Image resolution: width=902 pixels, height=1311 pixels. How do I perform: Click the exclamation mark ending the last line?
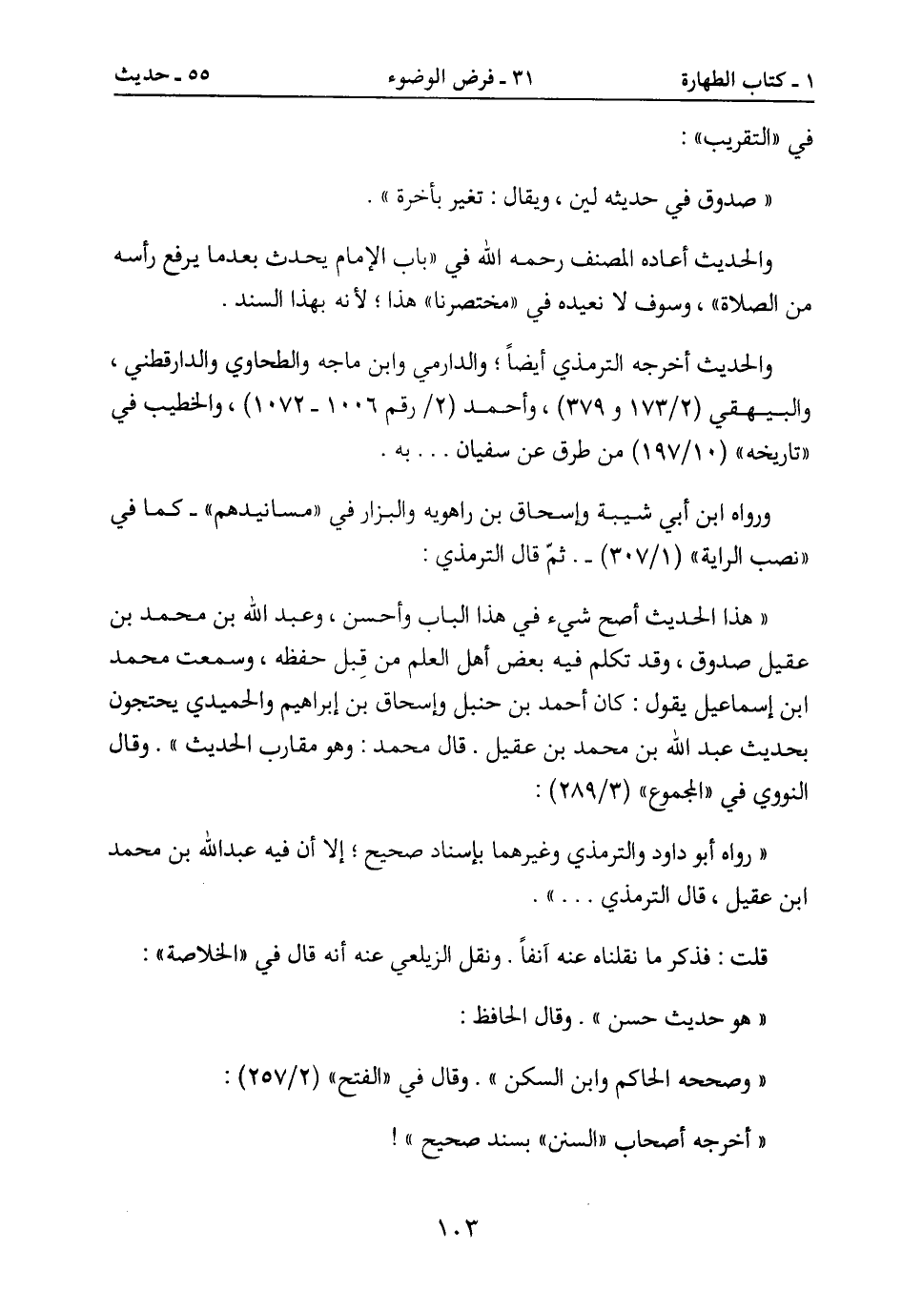coord(395,1135)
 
